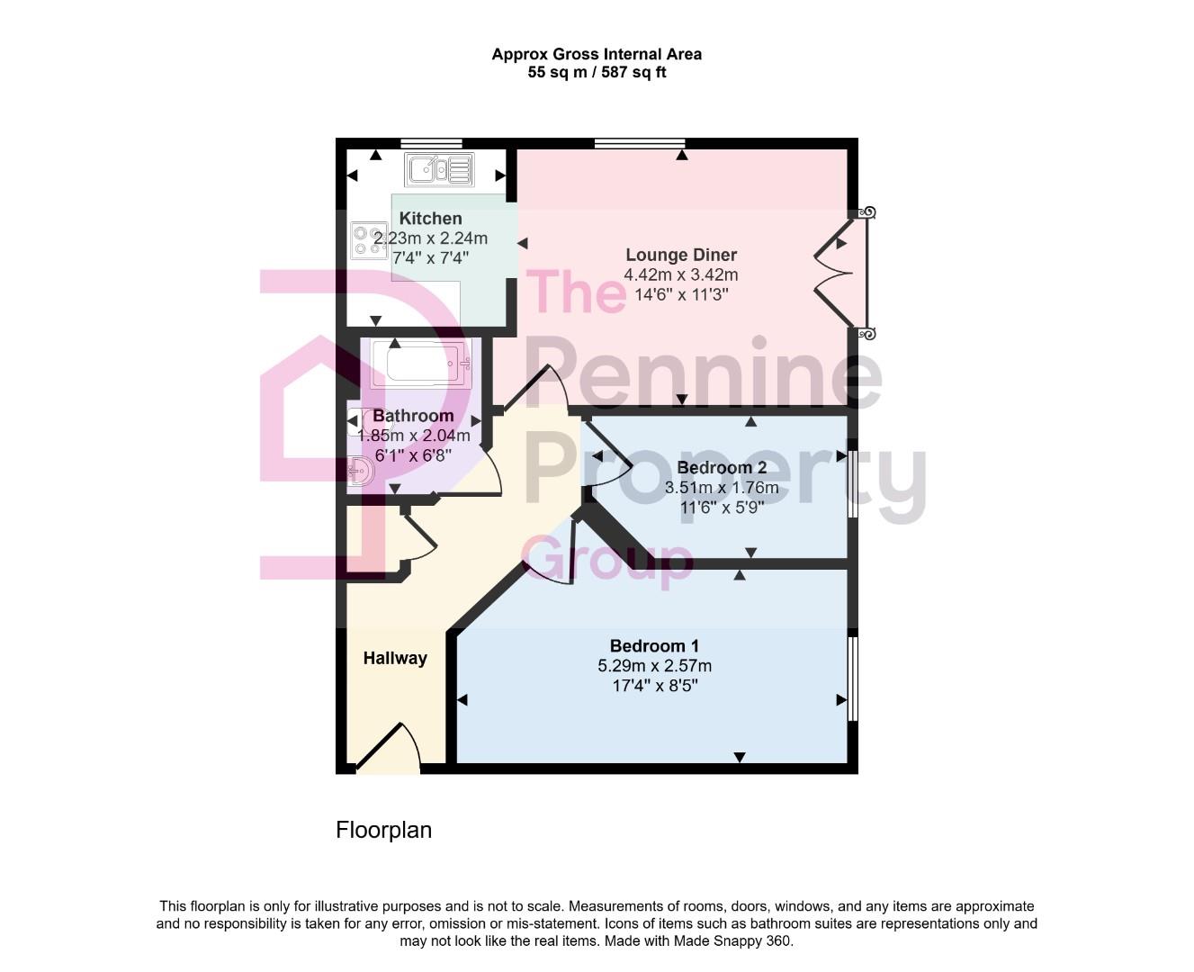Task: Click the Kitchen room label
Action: pyautogui.click(x=430, y=219)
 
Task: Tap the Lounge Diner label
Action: pyautogui.click(x=681, y=256)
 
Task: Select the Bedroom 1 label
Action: pyautogui.click(x=654, y=646)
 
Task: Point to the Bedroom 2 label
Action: pyautogui.click(x=722, y=468)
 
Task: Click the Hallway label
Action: pyautogui.click(x=395, y=659)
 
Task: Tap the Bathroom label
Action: pyautogui.click(x=413, y=416)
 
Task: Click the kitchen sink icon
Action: pyautogui.click(x=438, y=169)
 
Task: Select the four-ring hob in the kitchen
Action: pyautogui.click(x=369, y=239)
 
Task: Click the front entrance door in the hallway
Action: pyautogui.click(x=389, y=751)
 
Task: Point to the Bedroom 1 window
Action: pyautogui.click(x=853, y=679)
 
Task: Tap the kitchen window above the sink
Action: pyautogui.click(x=431, y=143)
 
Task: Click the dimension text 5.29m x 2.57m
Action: pyautogui.click(x=654, y=666)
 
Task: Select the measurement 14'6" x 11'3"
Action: pyautogui.click(x=681, y=294)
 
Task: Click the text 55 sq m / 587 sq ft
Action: pyautogui.click(x=597, y=73)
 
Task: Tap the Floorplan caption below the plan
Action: pyautogui.click(x=383, y=830)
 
